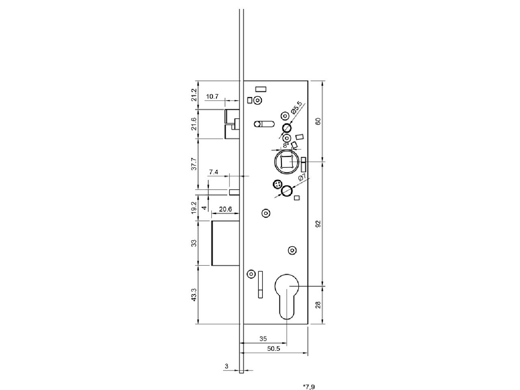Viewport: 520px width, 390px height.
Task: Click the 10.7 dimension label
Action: pyautogui.click(x=212, y=97)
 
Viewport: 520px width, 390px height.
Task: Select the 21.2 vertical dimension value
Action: pyautogui.click(x=194, y=95)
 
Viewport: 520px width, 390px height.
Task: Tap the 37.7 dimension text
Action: pyautogui.click(x=194, y=164)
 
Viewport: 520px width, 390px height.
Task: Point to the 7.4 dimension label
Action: pyautogui.click(x=213, y=172)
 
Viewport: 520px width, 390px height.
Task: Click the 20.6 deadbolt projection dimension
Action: pyautogui.click(x=225, y=209)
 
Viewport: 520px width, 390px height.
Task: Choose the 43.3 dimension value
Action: pyautogui.click(x=194, y=295)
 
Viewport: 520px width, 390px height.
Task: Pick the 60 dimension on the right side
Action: pyautogui.click(x=318, y=121)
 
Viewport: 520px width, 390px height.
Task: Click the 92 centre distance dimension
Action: pyautogui.click(x=318, y=224)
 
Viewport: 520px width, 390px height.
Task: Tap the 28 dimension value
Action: pyautogui.click(x=318, y=305)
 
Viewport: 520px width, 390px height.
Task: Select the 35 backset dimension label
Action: pyautogui.click(x=263, y=339)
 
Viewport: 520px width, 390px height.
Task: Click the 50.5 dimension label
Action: pyautogui.click(x=274, y=349)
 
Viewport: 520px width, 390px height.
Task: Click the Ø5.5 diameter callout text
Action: pyautogui.click(x=297, y=108)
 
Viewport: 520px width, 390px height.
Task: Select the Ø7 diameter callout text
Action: pyautogui.click(x=302, y=178)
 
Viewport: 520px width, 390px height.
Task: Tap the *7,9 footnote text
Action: pyautogui.click(x=309, y=387)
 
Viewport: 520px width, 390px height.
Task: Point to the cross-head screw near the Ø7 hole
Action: pyautogui.click(x=277, y=184)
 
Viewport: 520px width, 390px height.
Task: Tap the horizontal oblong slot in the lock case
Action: pyautogui.click(x=264, y=124)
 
